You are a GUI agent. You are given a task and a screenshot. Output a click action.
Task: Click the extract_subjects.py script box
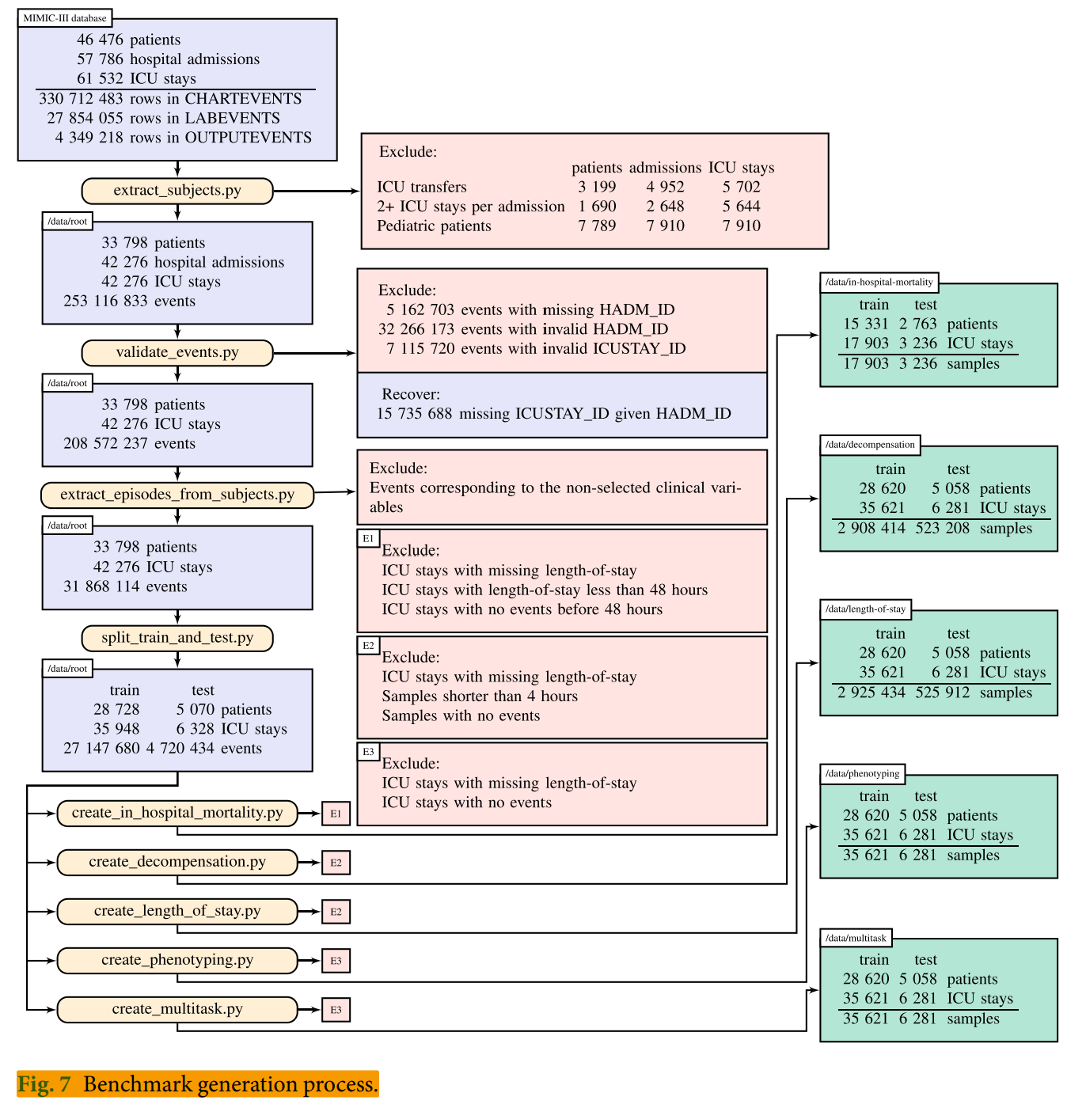coord(177,191)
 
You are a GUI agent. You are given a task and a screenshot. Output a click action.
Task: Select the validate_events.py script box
coord(177,353)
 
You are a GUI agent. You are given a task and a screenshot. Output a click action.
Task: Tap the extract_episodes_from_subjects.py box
coord(177,495)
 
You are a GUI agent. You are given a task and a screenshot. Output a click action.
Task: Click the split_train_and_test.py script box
coord(177,638)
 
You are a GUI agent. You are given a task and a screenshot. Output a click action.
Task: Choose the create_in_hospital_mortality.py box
coord(177,813)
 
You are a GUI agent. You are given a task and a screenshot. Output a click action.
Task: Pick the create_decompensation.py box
coord(177,862)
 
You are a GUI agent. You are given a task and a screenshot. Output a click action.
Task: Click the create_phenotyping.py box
coord(177,960)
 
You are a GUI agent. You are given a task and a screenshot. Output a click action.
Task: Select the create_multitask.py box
coord(177,1009)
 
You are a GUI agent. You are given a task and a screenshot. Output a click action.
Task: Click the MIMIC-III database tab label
coord(65,18)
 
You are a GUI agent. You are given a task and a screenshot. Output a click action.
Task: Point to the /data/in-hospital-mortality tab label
coord(879,282)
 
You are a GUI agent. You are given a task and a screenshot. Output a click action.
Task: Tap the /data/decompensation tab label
coord(870,445)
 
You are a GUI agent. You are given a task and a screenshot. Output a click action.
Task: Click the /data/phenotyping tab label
coord(862,773)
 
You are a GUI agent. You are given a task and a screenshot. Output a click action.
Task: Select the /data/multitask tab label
coord(856,938)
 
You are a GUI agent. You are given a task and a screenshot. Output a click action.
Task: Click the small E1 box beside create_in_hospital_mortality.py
coord(336,814)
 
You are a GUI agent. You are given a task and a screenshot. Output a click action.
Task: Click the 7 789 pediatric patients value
coord(597,226)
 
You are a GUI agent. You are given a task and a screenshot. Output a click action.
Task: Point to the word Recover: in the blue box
coord(411,394)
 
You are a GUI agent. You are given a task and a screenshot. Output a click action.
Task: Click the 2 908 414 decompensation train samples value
coord(871,528)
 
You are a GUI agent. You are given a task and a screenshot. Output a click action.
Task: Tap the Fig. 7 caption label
coord(45,1084)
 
